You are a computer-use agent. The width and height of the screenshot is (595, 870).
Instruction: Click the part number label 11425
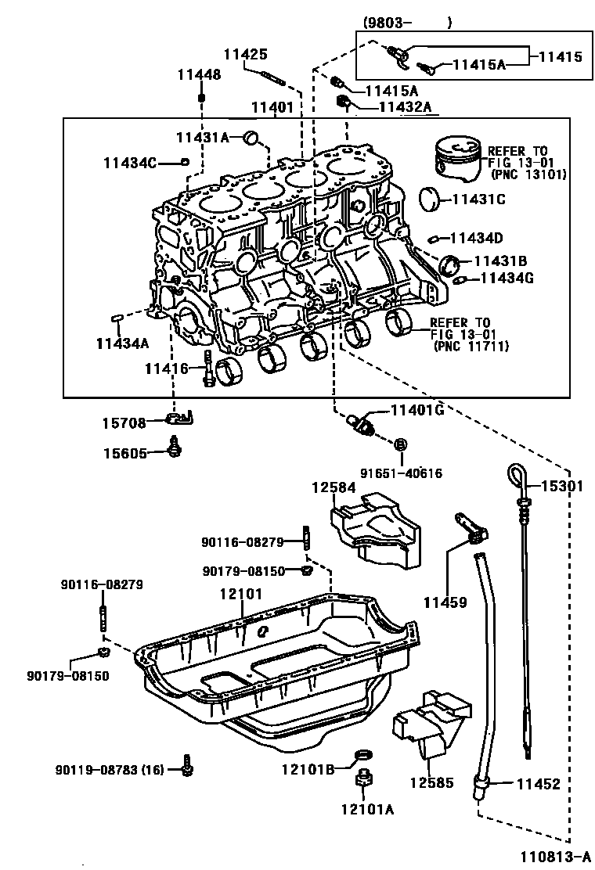246,55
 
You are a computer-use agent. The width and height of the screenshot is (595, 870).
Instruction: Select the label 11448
198,75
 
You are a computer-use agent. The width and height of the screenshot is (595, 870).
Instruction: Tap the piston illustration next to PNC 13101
458,162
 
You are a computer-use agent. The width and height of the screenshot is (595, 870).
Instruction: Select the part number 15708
123,422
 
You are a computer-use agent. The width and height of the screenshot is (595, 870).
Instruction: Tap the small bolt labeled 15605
175,449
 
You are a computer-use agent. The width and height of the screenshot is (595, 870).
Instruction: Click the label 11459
445,602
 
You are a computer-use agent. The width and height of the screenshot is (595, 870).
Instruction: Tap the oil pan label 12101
240,595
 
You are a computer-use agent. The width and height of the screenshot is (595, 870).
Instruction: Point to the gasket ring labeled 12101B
363,755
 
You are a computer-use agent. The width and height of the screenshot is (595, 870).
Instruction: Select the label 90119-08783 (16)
110,770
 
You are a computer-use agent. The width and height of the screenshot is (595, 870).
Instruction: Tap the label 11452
538,783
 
